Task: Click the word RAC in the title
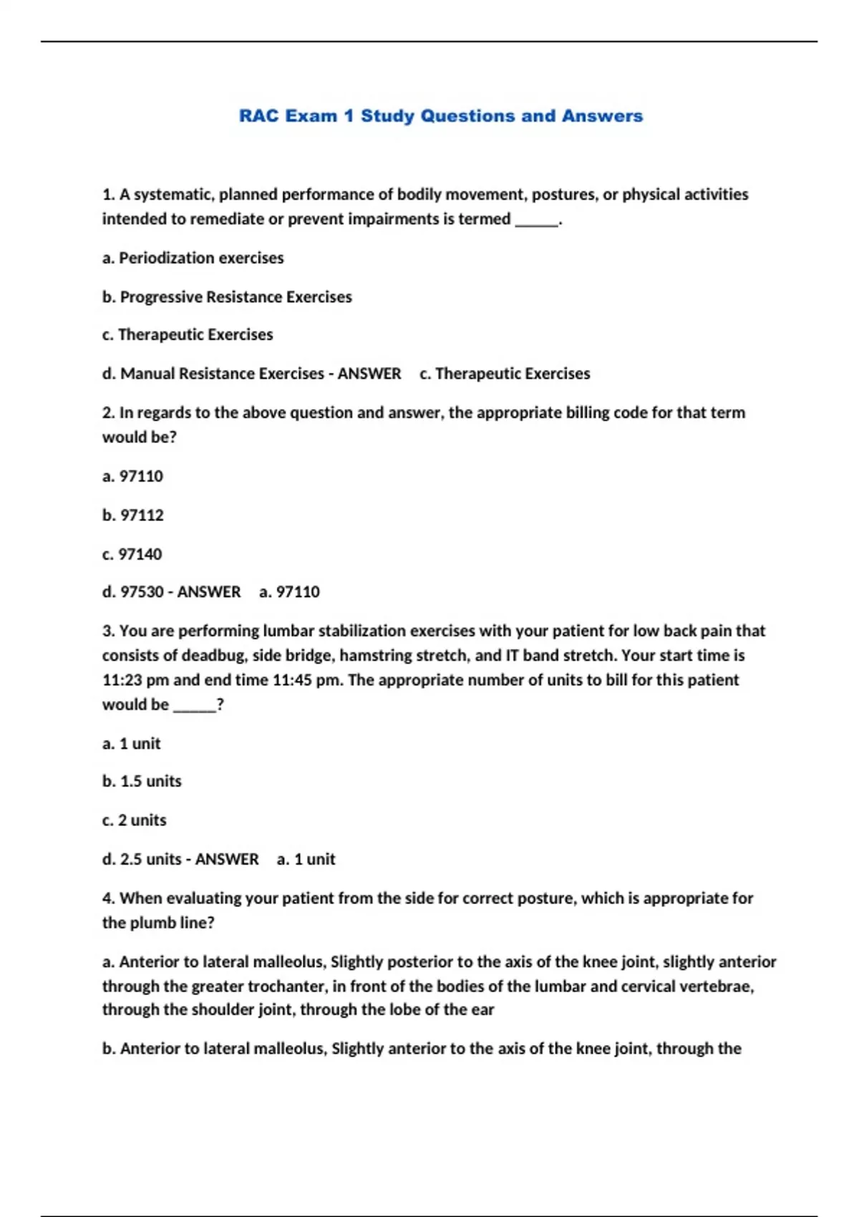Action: pyautogui.click(x=258, y=116)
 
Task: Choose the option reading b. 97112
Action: pyautogui.click(x=133, y=515)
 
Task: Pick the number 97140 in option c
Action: pyautogui.click(x=140, y=554)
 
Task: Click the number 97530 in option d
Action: pyautogui.click(x=142, y=592)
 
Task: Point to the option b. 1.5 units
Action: pyautogui.click(x=142, y=781)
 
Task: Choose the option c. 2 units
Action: pyautogui.click(x=135, y=820)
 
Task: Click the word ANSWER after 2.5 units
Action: pyautogui.click(x=227, y=859)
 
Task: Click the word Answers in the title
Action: pyautogui.click(x=602, y=116)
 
